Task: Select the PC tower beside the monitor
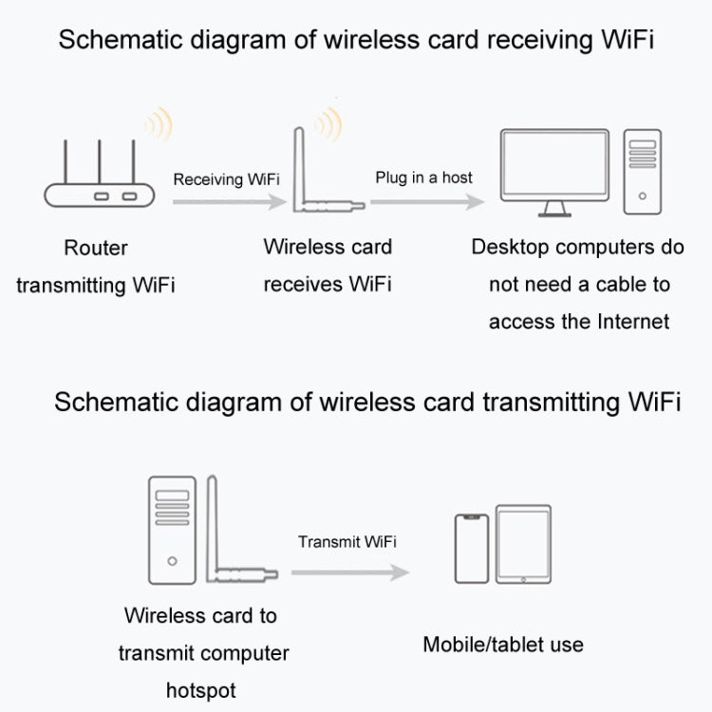point(642,172)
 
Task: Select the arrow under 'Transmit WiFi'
point(347,571)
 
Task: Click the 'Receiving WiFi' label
point(225,178)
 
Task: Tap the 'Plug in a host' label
point(423,178)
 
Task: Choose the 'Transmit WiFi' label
point(347,542)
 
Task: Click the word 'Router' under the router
point(95,249)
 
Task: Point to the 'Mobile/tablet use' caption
point(503,646)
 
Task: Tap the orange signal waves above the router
point(157,123)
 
